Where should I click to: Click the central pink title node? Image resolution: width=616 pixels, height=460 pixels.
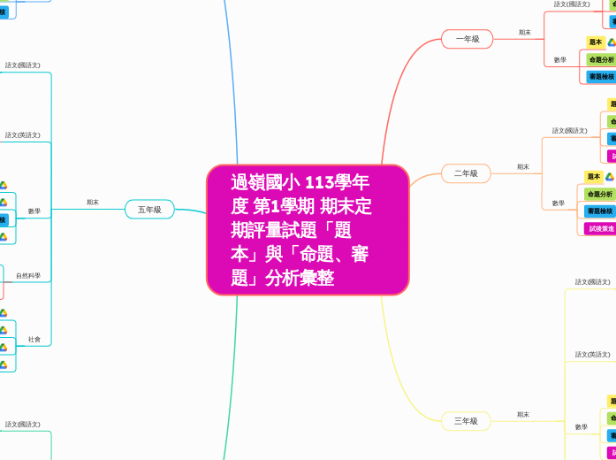pyautogui.click(x=308, y=230)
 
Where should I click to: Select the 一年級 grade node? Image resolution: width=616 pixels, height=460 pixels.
pyautogui.click(x=467, y=39)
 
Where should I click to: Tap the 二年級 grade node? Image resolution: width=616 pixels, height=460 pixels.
pyautogui.click(x=466, y=173)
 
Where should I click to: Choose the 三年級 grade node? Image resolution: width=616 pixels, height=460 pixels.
pyautogui.click(x=466, y=421)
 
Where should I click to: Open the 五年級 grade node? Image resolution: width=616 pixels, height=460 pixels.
pyautogui.click(x=149, y=210)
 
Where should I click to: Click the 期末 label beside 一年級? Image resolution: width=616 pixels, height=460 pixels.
pyautogui.click(x=525, y=33)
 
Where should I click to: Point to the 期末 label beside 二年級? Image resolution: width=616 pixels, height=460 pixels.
pyautogui.click(x=523, y=167)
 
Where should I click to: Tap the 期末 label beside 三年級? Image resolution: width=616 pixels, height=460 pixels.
pyautogui.click(x=523, y=415)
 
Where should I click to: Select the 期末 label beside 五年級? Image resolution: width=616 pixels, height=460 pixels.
pyautogui.click(x=93, y=203)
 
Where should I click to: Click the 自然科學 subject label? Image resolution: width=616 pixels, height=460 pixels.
pyautogui.click(x=28, y=276)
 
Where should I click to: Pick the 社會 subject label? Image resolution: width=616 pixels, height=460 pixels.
pyautogui.click(x=34, y=339)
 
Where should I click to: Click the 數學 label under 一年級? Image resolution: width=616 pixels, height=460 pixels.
pyautogui.click(x=560, y=60)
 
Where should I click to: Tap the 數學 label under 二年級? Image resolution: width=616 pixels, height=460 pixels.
pyautogui.click(x=559, y=203)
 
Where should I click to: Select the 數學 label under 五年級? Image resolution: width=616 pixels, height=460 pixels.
pyautogui.click(x=34, y=211)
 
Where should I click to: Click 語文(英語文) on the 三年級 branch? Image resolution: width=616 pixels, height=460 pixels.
pyautogui.click(x=592, y=355)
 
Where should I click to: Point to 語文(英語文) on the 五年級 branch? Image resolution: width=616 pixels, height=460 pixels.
pyautogui.click(x=22, y=135)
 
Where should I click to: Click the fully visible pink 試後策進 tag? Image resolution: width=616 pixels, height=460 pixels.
pyautogui.click(x=600, y=228)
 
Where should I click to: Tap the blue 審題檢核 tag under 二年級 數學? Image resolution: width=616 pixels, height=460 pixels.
pyautogui.click(x=599, y=211)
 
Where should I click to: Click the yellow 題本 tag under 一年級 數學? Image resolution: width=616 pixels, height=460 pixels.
pyautogui.click(x=595, y=42)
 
